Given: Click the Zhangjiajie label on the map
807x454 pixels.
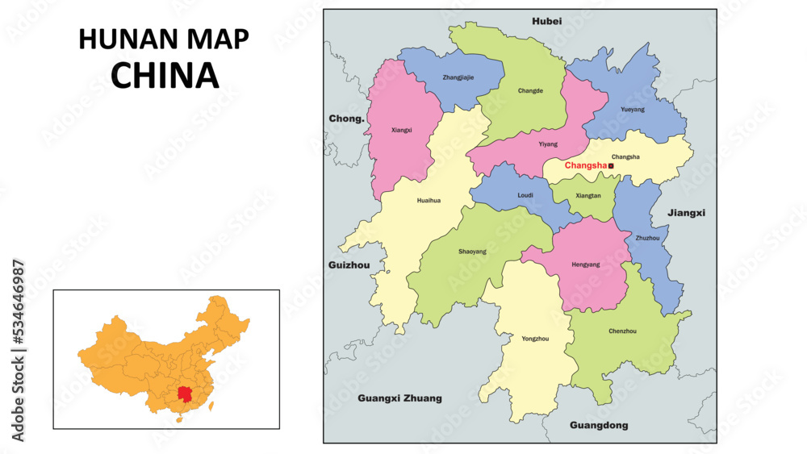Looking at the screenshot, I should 458,77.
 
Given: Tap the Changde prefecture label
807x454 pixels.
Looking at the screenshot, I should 530,90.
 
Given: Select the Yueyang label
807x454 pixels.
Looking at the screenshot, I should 633,109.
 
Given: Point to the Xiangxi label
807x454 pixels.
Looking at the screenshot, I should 401,129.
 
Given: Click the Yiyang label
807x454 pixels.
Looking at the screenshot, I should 547,144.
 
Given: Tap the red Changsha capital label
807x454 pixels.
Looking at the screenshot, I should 585,165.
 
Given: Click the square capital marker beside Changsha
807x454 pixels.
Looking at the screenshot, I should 611,165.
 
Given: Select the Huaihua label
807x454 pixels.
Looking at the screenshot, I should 429,201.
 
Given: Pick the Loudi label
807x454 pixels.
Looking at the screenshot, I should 525,195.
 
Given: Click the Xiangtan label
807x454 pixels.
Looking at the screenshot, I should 587,195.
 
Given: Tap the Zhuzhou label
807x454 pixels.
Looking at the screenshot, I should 647,238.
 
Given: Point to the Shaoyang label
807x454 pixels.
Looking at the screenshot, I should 472,252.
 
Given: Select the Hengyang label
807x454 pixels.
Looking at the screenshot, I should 585,264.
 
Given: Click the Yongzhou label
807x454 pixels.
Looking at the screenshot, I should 535,339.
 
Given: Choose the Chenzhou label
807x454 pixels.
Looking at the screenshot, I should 622,331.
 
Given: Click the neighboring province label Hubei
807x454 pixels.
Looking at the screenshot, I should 546,21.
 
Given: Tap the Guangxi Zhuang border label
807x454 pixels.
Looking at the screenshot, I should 399,398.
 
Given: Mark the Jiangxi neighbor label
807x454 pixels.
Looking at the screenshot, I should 687,213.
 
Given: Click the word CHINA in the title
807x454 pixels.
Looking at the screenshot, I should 165,75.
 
